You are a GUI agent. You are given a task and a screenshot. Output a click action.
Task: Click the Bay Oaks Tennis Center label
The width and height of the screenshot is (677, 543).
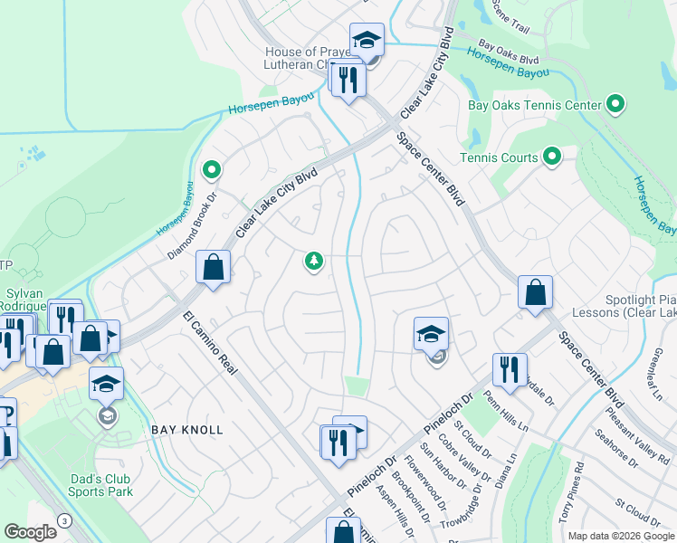[534, 106]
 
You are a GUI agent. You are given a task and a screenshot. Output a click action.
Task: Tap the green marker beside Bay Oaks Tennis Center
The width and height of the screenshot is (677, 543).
[615, 105]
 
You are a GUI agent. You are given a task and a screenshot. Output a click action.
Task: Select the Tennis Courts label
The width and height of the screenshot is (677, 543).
[499, 157]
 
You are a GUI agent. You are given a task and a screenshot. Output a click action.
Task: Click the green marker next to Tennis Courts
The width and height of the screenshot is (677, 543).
[552, 157]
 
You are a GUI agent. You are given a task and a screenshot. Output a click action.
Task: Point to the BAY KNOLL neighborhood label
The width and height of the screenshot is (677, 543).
[186, 430]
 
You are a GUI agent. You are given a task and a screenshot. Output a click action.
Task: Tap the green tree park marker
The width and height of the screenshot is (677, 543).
[313, 262]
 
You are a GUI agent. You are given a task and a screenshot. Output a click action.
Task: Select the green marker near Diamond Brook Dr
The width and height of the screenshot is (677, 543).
[211, 169]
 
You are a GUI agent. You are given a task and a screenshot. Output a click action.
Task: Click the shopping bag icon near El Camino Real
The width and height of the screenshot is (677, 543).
[213, 267]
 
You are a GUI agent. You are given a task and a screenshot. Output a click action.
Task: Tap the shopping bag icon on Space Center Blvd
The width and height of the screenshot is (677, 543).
[535, 292]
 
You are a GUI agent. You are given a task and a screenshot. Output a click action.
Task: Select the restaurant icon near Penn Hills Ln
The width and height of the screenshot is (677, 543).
[510, 369]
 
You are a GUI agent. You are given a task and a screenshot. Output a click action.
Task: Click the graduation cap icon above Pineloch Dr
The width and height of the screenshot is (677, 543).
[432, 334]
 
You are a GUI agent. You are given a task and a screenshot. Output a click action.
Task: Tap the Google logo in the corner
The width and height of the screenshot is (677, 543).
[30, 532]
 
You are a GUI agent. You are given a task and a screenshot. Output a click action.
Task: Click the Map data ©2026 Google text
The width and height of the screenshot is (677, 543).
[620, 536]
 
